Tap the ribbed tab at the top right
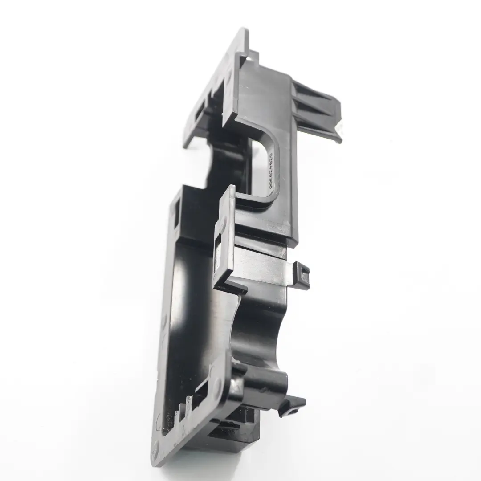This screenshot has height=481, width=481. click(318, 111)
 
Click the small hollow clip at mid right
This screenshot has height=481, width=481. click(301, 275)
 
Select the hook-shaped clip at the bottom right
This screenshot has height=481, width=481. click(292, 405)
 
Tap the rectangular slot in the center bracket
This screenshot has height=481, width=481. click(218, 254)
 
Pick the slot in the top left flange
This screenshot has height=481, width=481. click(200, 111)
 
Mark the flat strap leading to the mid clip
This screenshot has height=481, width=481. click(263, 267)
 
